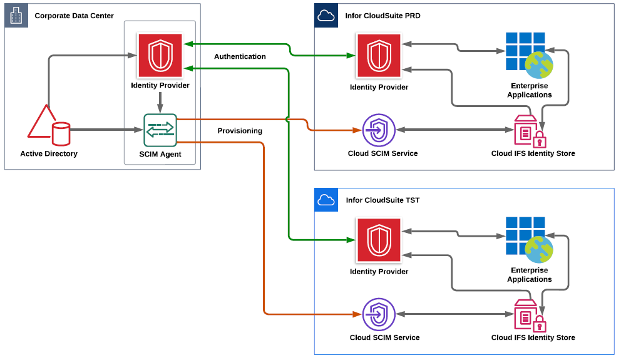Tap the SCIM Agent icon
click(160, 130)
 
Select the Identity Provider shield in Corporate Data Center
click(160, 55)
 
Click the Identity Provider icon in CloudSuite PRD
click(379, 56)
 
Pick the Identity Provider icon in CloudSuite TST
click(379, 240)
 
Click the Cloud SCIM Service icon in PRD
click(379, 130)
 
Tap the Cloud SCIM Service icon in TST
click(379, 314)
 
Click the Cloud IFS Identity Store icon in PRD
click(530, 131)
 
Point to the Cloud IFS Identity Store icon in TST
click(530, 316)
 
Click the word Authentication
click(240, 56)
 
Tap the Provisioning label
click(240, 131)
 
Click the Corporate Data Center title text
click(74, 16)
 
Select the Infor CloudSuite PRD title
click(382, 16)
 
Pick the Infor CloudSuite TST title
click(382, 200)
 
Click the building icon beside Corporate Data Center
click(16, 16)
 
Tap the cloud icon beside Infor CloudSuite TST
click(326, 200)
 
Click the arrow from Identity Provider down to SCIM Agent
click(160, 103)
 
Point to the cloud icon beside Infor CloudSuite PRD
click(326, 16)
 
